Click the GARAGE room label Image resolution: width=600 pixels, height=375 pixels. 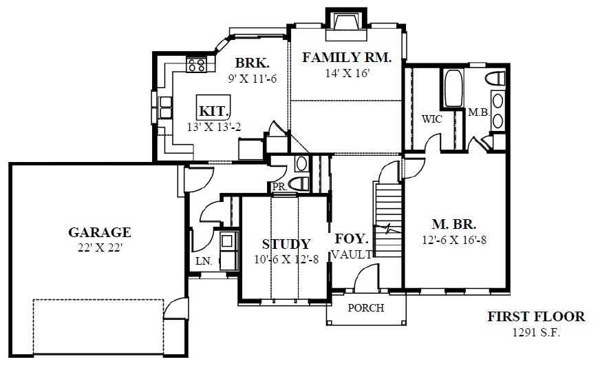100,232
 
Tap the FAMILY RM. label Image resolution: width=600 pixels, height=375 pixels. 347,57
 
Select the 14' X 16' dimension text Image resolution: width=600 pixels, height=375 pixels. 347,73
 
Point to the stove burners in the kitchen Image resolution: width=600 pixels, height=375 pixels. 196,64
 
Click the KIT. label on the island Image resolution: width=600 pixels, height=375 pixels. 214,112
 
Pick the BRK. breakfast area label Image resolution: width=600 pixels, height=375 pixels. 252,63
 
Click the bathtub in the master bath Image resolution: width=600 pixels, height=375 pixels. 454,88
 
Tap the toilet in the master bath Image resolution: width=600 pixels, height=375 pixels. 495,78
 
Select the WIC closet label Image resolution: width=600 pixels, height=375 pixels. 432,119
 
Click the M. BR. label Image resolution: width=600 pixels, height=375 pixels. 454,224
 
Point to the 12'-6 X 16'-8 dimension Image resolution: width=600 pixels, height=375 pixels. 454,241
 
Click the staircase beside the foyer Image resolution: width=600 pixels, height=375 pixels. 387,220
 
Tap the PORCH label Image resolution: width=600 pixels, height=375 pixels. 366,308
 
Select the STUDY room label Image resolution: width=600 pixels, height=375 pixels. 286,244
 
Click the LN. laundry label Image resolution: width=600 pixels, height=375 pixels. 204,261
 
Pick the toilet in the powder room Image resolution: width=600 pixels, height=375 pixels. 299,183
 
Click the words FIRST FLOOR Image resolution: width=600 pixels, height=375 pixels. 536,316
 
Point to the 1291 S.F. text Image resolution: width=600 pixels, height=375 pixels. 536,332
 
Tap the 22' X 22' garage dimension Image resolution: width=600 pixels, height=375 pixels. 100,248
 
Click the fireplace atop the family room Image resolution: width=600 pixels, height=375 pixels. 346,24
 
